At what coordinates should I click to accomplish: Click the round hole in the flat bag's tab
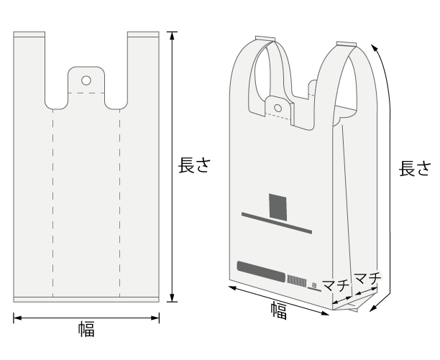tap(86, 80)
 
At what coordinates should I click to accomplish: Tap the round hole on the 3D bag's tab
tap(278, 108)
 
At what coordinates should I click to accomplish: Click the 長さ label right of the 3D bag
tap(416, 169)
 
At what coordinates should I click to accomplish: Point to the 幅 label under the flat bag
tap(86, 330)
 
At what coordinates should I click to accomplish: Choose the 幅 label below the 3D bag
tap(278, 310)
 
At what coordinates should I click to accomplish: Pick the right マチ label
tap(367, 276)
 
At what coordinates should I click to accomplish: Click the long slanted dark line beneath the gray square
tap(278, 223)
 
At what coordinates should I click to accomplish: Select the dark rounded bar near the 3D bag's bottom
tap(260, 270)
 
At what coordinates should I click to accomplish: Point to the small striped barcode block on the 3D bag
tap(297, 279)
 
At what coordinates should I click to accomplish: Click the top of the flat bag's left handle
tap(29, 34)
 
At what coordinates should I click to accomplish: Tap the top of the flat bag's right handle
tap(142, 34)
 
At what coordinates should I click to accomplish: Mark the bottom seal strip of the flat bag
tap(86, 299)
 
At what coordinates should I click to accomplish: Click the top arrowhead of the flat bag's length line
tap(171, 34)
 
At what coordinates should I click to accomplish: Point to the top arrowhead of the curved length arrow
tap(374, 45)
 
